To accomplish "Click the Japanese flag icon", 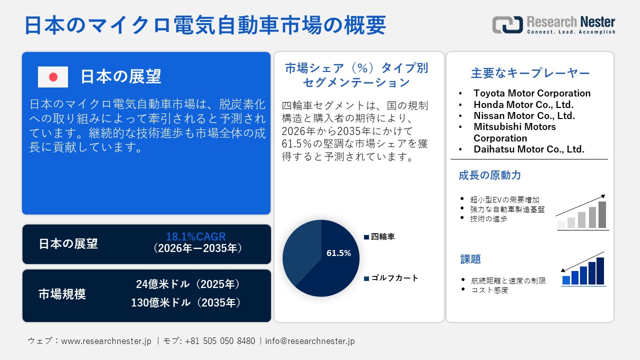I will coord(53,77).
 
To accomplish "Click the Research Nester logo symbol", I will coord(507,25).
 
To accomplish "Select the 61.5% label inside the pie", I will coord(338,253).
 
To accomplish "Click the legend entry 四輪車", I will coord(382,236).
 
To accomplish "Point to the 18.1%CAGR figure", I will coord(196,236).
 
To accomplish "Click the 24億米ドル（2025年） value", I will coord(188,284).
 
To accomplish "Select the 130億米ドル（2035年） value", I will coord(186,302).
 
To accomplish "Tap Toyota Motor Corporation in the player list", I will coord(532,93).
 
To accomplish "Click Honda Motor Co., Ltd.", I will coord(523,104).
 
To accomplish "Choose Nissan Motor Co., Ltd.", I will coord(524,115).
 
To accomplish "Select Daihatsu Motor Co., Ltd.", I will coord(529,149).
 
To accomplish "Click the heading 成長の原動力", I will coord(489,175).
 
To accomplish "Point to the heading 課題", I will coord(470,259).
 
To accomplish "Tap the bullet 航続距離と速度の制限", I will coord(508,281).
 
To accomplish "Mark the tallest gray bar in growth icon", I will coord(602,214).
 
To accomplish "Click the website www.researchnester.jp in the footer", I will coord(106,341).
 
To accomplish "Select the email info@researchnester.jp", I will coord(310,341).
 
